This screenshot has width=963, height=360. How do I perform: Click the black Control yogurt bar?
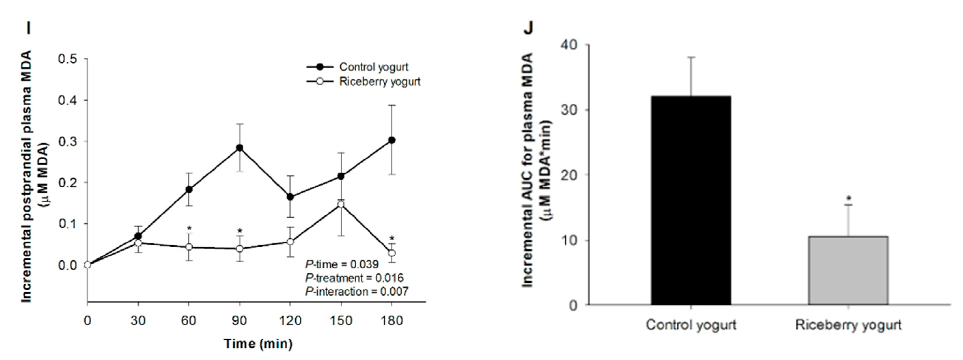(x=691, y=200)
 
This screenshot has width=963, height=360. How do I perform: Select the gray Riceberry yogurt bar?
(x=848, y=270)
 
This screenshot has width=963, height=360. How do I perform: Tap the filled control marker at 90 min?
(x=239, y=148)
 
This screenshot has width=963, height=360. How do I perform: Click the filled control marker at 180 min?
(x=391, y=140)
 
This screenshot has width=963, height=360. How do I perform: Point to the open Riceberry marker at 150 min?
(x=341, y=204)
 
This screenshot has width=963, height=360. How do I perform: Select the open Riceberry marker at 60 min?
(x=189, y=247)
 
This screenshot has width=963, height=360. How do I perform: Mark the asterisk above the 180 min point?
(x=391, y=239)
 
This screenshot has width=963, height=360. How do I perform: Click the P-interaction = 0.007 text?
(x=356, y=292)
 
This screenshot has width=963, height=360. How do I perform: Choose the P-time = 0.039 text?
(x=342, y=265)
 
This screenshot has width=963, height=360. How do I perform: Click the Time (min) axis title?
(x=258, y=343)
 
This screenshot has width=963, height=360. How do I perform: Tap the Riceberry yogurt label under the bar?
(x=848, y=325)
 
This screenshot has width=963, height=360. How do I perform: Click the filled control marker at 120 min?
(x=290, y=197)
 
